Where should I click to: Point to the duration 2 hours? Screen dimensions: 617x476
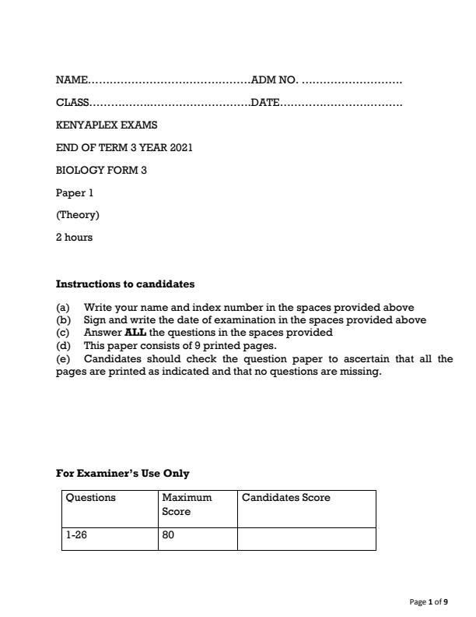coord(74,238)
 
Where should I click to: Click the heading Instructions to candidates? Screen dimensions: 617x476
coord(124,284)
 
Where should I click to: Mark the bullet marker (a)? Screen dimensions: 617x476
coord(63,307)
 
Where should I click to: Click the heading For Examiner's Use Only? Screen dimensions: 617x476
coord(122,473)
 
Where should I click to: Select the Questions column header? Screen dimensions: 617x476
coord(91,498)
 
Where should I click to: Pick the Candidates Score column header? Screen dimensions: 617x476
coord(286,498)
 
